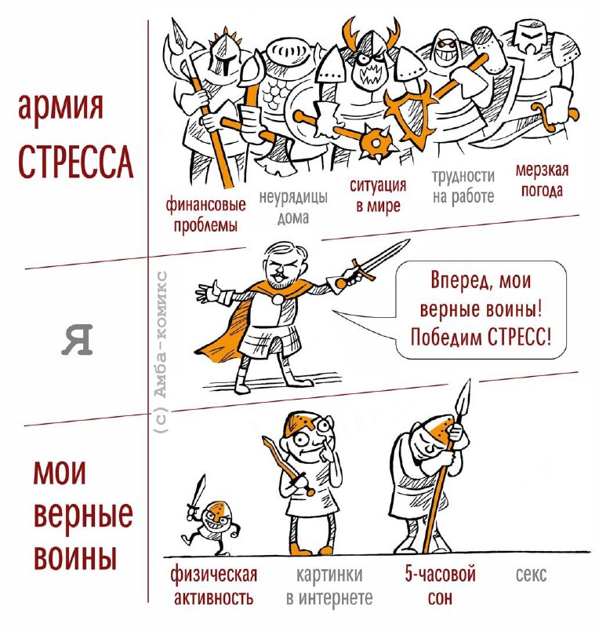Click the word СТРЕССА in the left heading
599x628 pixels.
(75, 162)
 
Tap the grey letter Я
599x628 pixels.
(77, 340)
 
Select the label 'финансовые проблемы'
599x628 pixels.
(205, 215)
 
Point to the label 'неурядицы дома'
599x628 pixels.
(293, 207)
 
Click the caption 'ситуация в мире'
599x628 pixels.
(378, 195)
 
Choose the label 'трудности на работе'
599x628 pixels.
(463, 186)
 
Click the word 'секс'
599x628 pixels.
(531, 575)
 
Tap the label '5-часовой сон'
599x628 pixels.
(440, 586)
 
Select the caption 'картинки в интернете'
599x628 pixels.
(329, 586)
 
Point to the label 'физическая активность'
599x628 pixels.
(214, 586)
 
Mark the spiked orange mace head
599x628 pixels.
(376, 143)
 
